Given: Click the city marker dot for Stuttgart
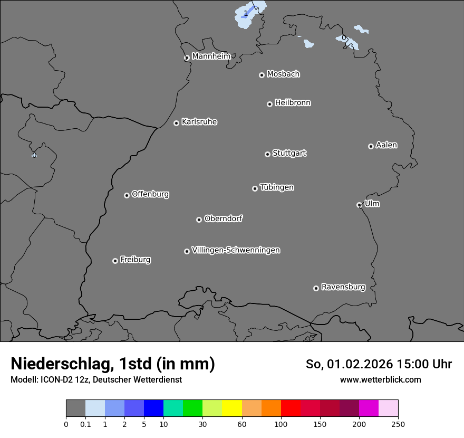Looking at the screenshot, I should pos(267,154).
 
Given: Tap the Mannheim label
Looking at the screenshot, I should pos(211,56).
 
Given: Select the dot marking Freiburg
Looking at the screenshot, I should pos(115,261).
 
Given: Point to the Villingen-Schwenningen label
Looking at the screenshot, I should pos(236,250).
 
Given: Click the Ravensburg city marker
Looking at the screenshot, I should pos(316,288).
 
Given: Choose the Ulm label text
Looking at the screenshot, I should pos(372,204).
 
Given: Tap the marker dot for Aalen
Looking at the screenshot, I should pos(371,146).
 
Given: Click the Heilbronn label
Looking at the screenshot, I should pos(293,103).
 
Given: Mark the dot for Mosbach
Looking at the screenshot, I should pos(262,75).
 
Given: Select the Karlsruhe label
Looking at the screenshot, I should pos(199,122).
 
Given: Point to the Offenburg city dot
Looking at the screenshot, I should pos(127,195).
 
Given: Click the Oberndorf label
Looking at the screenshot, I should pos(224,218).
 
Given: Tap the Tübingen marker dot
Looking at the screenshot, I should pos(255,188).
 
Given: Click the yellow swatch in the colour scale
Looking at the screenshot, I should pos(232,408).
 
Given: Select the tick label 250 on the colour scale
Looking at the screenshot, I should pos(398,424).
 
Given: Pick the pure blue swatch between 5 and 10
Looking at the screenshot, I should pos(153,408).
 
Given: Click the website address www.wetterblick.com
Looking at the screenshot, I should pos(380,379).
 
